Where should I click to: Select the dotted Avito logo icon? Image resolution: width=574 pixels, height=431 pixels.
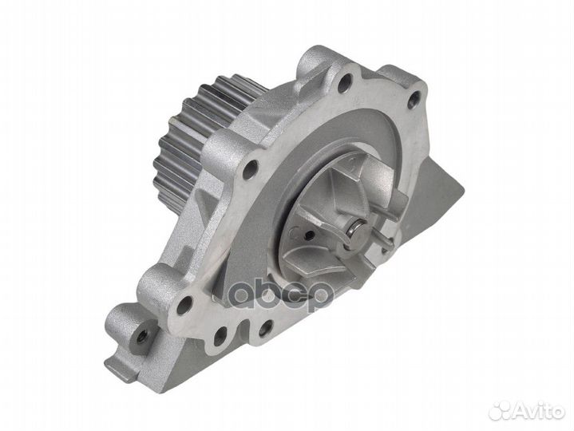(501, 409)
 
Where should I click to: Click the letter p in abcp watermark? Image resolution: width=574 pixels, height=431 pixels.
(319, 297)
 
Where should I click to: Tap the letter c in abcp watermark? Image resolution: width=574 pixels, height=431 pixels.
(294, 295)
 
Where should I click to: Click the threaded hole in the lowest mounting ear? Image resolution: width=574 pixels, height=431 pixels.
(142, 337)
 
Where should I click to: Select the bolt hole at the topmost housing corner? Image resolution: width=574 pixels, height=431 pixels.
(345, 80)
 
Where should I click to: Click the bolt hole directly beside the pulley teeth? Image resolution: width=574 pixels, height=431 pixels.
(250, 168)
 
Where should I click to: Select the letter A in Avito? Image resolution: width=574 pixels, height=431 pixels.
(521, 410)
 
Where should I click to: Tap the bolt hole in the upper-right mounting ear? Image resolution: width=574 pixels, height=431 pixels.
(414, 100)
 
